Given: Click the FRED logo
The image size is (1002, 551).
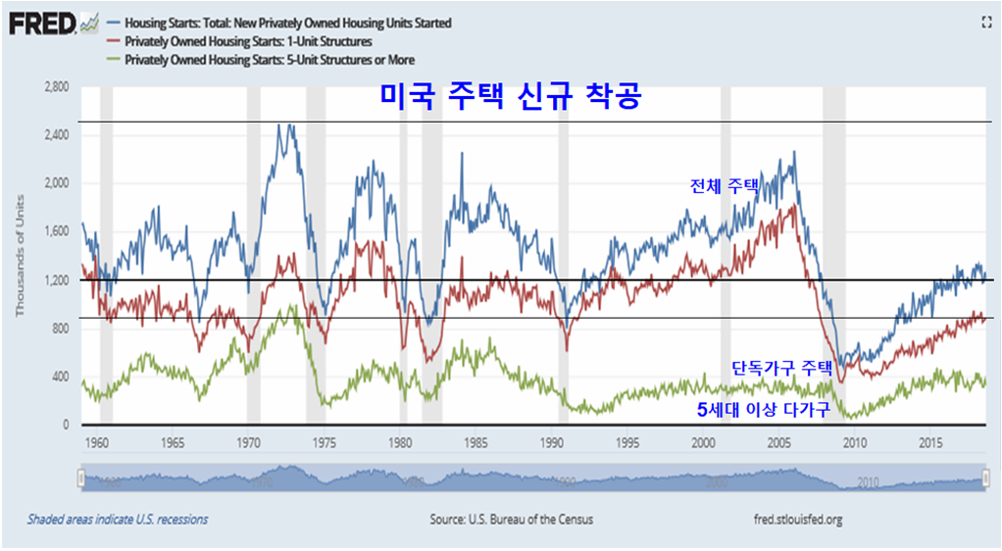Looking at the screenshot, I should tap(43, 22).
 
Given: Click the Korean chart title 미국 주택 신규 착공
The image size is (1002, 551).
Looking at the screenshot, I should tap(509, 97).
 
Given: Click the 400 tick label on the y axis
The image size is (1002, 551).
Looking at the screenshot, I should tap(60, 377).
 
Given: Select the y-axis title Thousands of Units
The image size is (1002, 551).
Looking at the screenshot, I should tap(20, 256).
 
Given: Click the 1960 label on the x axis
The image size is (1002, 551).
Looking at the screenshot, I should tap(96, 444).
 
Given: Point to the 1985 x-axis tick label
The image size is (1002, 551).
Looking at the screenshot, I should tap(476, 444).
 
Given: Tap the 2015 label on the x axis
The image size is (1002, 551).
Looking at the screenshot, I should tap(930, 444).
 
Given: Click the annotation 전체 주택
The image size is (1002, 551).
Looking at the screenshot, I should tap(725, 184).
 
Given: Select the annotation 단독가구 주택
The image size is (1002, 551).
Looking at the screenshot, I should tap(781, 369).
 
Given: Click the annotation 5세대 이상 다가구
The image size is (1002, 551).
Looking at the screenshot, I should tap(763, 411).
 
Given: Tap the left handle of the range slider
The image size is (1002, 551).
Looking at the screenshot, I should tap(80, 477).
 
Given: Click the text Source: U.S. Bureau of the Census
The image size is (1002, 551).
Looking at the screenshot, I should tap(511, 519).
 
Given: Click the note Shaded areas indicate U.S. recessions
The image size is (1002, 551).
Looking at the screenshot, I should tap(118, 519).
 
